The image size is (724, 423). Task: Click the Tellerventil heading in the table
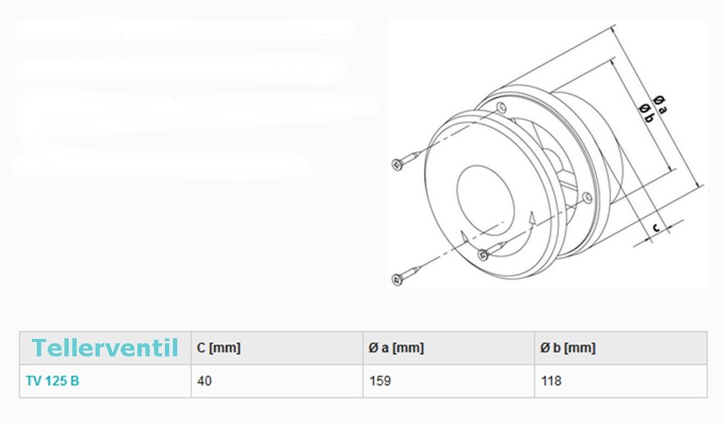point(105,348)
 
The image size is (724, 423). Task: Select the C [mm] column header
point(219,348)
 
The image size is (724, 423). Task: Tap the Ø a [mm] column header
point(396,348)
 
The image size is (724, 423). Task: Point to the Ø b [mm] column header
point(568,348)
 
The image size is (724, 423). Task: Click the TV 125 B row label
point(52,381)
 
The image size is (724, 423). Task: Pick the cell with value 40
point(205,381)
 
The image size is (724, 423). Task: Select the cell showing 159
point(380,381)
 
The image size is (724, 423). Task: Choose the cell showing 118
point(551,381)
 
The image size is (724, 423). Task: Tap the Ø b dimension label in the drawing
point(647,113)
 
